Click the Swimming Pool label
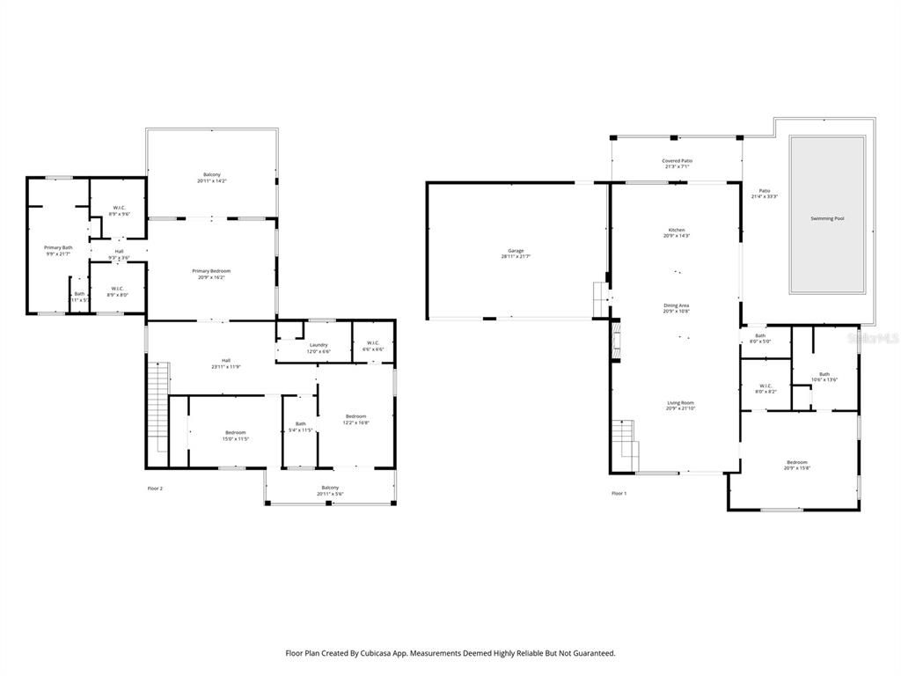pos(827,218)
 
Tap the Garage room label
pos(516,253)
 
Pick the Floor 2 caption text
pos(155,489)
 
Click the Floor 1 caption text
pos(619,494)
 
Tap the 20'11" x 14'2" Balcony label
pos(211,177)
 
